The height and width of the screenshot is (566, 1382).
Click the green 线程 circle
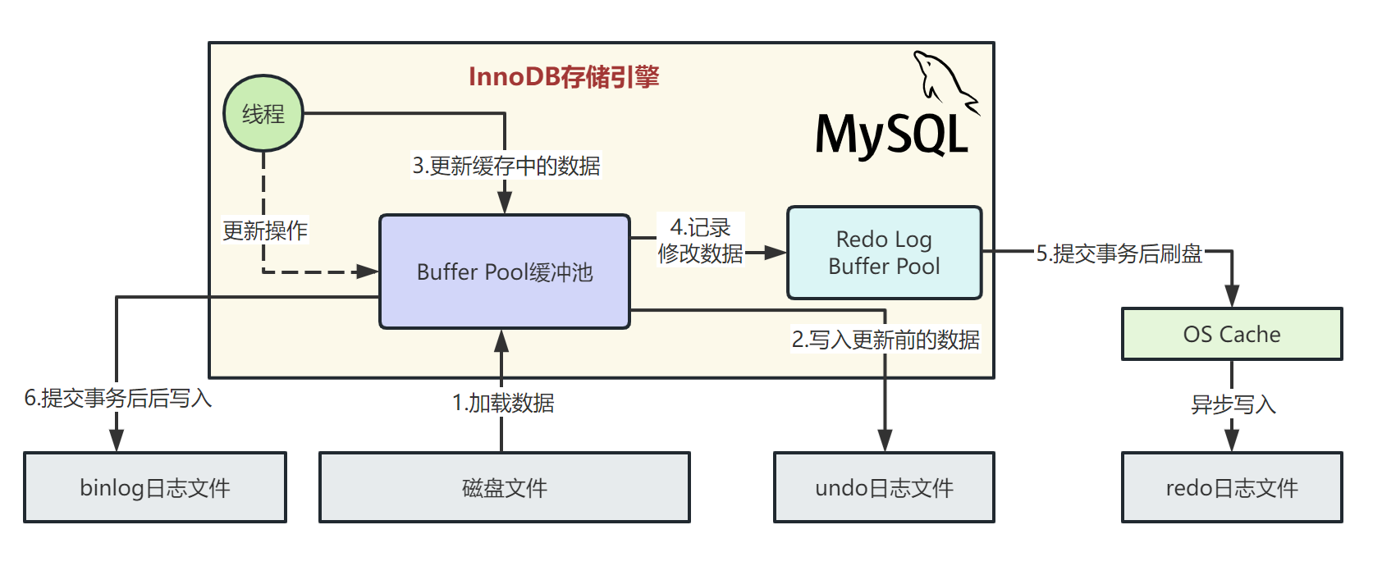[x=263, y=113]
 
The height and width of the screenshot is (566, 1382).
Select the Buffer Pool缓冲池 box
[x=504, y=272]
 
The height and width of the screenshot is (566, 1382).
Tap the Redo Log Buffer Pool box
[x=884, y=253]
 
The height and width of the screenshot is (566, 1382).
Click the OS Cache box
[x=1231, y=334]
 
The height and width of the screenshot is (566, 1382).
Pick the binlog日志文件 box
[x=155, y=487]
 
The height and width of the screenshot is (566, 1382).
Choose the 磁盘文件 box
[x=504, y=487]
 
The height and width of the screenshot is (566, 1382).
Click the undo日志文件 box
[x=884, y=487]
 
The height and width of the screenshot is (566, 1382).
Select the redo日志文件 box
[x=1231, y=487]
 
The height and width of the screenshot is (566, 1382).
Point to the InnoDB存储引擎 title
[x=564, y=77]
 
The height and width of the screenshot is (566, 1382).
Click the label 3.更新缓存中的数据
[x=506, y=166]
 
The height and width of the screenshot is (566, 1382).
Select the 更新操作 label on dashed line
[x=265, y=231]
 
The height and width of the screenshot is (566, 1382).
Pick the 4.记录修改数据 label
[x=700, y=240]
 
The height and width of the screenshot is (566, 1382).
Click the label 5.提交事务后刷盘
[x=1119, y=253]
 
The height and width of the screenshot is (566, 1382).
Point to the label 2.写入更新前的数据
[x=885, y=340]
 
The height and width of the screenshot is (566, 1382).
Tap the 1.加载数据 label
[x=503, y=403]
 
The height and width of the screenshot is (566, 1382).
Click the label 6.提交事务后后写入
[x=118, y=398]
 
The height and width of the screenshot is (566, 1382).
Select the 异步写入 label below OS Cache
[x=1233, y=404]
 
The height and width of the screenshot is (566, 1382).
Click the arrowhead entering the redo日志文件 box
[x=1232, y=440]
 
